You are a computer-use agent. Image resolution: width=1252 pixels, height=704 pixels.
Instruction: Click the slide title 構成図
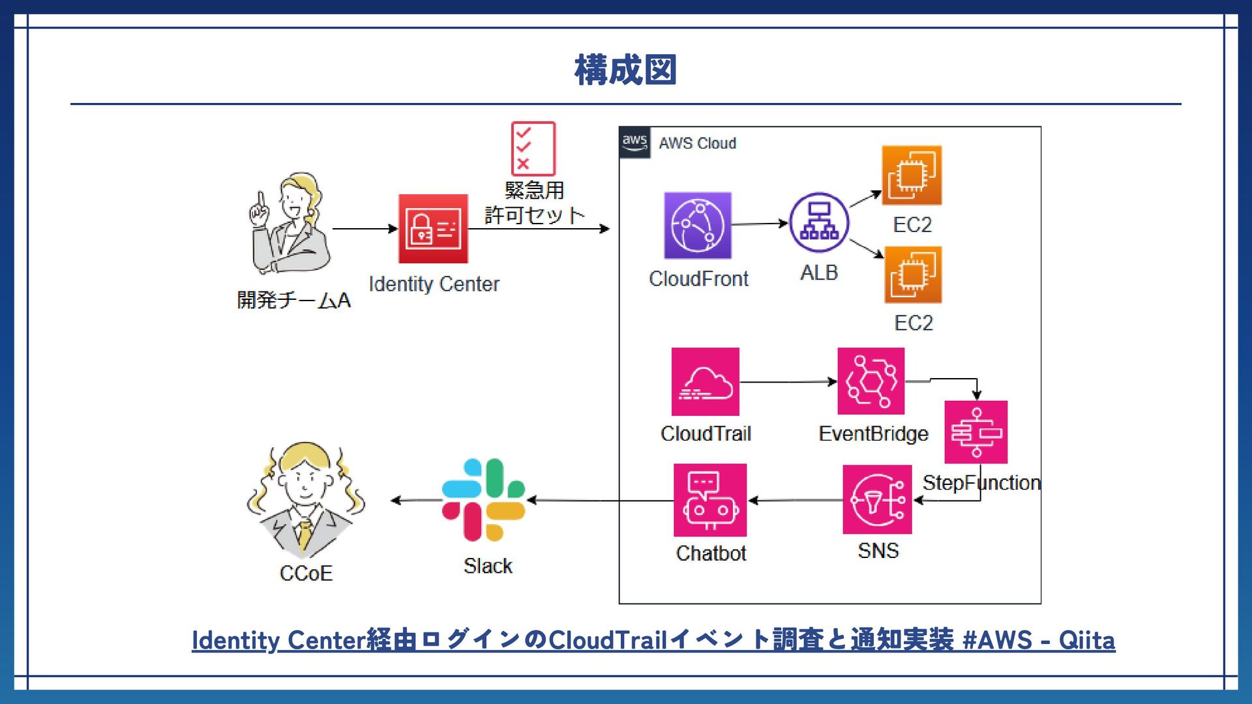[625, 70]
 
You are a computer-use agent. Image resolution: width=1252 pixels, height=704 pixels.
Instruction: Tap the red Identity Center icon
[433, 229]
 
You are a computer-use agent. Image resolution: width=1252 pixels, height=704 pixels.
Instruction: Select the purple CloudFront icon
[698, 226]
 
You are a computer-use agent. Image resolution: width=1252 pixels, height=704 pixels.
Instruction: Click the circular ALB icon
[819, 222]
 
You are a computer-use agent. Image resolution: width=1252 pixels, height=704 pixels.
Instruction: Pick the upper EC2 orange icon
[912, 175]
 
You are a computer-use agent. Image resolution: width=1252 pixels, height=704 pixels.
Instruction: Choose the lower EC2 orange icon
[913, 274]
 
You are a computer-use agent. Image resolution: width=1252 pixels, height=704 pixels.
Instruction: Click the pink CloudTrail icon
[705, 381]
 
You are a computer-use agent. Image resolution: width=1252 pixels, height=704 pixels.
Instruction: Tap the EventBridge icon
[871, 381]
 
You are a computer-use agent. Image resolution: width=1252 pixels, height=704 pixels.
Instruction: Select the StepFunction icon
[976, 432]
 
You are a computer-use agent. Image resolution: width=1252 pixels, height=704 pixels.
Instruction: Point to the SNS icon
[877, 500]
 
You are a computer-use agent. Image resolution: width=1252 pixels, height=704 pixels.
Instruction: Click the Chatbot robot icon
[709, 500]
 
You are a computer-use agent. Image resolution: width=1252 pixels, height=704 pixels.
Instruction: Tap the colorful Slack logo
[483, 500]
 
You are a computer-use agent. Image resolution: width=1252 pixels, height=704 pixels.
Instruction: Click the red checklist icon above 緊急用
[533, 148]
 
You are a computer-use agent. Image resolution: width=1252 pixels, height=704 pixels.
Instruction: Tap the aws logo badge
[634, 143]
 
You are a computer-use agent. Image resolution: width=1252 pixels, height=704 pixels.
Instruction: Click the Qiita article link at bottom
[653, 640]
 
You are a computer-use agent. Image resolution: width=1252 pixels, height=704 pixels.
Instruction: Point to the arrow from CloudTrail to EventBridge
[788, 382]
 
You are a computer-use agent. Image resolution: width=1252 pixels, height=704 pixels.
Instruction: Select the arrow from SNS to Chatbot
[795, 501]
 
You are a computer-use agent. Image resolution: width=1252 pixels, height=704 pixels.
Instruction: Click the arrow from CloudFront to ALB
[760, 224]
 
